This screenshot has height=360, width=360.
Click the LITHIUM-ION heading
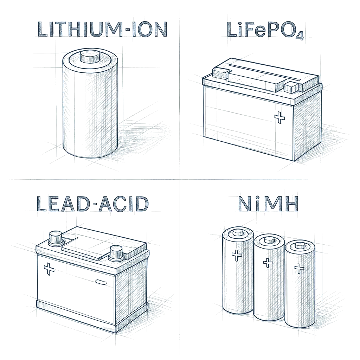click(x=102, y=30)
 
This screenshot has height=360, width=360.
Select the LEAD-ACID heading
click(x=92, y=204)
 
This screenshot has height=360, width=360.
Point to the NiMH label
click(x=268, y=204)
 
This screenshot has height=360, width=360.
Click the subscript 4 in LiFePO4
click(x=299, y=36)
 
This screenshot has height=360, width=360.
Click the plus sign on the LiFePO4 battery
click(x=279, y=117)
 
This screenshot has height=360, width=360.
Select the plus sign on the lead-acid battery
click(x=49, y=269)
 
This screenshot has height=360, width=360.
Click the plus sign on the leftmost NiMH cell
click(x=236, y=256)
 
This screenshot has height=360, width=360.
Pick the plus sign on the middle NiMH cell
click(x=267, y=262)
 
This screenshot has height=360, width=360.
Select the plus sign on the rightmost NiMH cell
click(x=299, y=268)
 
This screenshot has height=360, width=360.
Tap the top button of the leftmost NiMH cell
click(x=238, y=233)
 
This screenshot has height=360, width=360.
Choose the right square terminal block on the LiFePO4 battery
click(x=291, y=87)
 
